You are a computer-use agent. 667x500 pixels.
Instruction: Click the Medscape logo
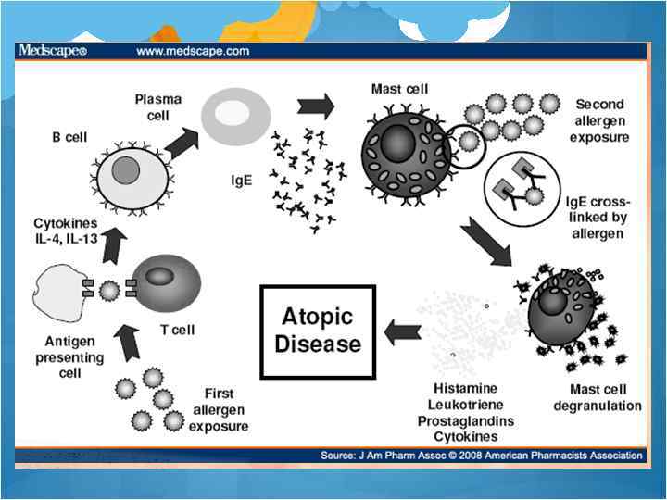[x=52, y=51]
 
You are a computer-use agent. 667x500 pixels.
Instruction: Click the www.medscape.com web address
[x=193, y=51]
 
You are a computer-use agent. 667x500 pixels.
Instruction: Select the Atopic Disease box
[x=318, y=331]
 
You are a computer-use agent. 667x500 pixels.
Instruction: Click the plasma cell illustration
[x=236, y=117]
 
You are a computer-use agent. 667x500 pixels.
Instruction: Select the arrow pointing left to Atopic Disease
[x=402, y=331]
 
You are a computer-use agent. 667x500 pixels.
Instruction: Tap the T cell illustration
[x=164, y=281]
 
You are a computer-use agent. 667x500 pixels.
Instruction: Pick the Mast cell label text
[x=399, y=90]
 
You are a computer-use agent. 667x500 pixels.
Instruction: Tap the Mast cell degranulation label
[x=597, y=398]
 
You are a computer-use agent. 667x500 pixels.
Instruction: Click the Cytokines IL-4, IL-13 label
[x=66, y=231]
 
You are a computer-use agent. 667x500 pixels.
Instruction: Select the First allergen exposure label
[x=219, y=410]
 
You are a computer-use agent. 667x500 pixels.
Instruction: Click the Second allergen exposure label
[x=599, y=121]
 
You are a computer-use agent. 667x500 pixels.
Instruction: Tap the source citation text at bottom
[x=481, y=456]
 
